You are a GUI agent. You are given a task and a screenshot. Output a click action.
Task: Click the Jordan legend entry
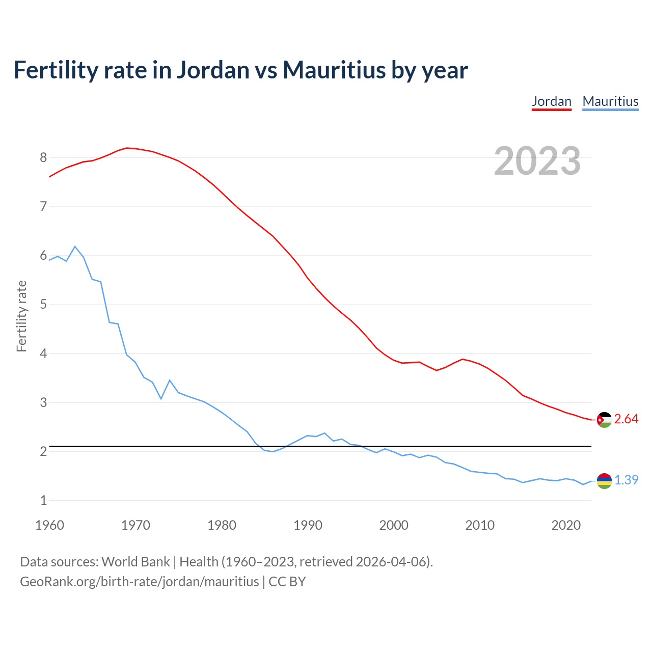[551, 101]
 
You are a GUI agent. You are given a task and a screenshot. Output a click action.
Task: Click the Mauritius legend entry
[610, 101]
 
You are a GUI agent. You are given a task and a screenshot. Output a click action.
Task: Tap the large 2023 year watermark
[537, 161]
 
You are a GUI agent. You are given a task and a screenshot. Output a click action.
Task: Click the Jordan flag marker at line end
[604, 420]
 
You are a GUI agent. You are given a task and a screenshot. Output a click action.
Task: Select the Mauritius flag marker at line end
[604, 481]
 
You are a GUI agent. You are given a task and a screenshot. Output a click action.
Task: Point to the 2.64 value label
[626, 419]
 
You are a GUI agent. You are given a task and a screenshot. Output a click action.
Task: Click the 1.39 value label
[626, 480]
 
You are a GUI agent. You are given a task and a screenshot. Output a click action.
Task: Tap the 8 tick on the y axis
[43, 158]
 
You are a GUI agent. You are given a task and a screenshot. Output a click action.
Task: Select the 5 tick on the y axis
[43, 305]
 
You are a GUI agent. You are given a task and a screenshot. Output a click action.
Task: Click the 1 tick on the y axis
[43, 501]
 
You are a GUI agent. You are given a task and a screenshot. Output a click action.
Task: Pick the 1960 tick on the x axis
[49, 525]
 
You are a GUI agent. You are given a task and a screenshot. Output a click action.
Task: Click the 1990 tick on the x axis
[308, 525]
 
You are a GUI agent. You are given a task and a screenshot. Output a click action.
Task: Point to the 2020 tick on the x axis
[566, 525]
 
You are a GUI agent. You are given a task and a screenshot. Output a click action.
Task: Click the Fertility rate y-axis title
[21, 316]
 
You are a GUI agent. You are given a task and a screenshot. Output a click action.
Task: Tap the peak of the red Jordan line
[127, 148]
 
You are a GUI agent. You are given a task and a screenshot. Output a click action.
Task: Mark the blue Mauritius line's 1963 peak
[75, 247]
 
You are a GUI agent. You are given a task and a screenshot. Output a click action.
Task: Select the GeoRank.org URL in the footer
[139, 582]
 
